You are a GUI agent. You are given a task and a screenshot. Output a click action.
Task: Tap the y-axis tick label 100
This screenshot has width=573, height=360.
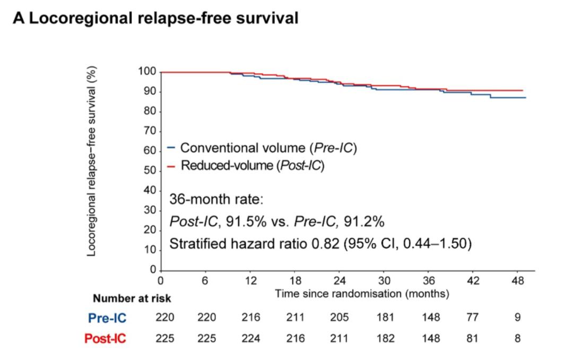[146, 72]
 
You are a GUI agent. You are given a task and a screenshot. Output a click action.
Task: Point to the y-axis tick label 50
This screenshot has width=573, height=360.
[150, 171]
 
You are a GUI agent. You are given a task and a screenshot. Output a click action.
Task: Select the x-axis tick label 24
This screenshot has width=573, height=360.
[340, 281]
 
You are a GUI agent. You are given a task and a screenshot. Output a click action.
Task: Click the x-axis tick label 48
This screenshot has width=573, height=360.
[518, 281]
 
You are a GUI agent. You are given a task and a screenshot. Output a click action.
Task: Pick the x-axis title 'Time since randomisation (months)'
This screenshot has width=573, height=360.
[362, 293]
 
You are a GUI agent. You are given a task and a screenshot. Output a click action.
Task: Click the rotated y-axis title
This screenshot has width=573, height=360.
[92, 164]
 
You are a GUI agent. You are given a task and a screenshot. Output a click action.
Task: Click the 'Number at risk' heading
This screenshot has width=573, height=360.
[132, 298]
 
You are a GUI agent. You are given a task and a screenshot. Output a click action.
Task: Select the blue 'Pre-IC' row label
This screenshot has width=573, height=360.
[108, 318]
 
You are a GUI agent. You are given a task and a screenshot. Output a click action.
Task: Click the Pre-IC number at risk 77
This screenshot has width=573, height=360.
[472, 318]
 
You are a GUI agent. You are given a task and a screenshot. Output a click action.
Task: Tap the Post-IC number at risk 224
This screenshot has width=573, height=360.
[250, 338]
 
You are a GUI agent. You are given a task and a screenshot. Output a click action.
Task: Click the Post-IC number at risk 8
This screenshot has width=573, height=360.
[517, 338]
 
